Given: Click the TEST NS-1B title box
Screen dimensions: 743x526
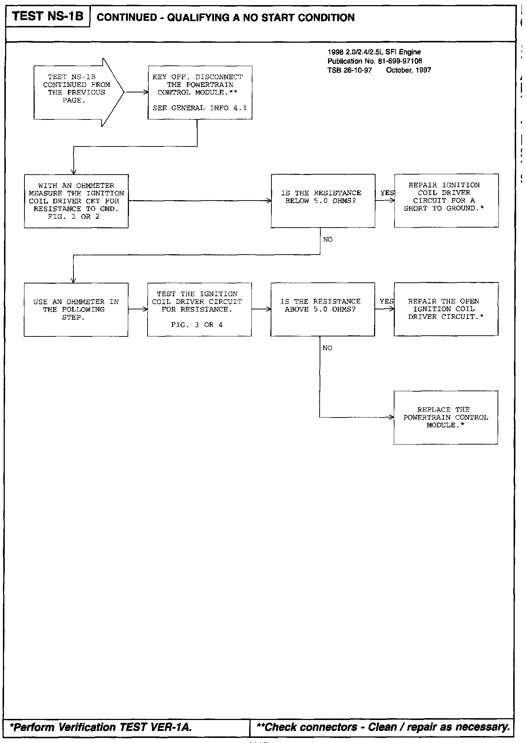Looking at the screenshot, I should [x=47, y=16].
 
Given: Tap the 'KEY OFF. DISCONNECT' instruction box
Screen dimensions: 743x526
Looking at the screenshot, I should [x=200, y=92].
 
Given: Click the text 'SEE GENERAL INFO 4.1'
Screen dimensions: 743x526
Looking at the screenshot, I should [x=200, y=108].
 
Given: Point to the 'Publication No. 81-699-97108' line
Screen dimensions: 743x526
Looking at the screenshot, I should [x=375, y=61].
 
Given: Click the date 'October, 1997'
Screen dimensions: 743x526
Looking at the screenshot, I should [x=408, y=70].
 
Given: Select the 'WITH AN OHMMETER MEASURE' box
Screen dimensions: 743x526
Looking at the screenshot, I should [x=76, y=201].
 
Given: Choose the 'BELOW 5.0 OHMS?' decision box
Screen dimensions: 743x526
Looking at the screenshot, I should [x=323, y=201].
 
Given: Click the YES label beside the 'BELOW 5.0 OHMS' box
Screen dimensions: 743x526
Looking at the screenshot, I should [x=387, y=193].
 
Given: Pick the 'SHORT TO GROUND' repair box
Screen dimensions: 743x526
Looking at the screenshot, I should [x=446, y=201].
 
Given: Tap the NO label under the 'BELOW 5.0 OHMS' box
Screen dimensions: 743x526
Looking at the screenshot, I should [x=328, y=240].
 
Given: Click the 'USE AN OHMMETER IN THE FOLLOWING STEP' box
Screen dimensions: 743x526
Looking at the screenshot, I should [x=76, y=309].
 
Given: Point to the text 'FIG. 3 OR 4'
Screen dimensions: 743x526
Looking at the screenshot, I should [x=197, y=325].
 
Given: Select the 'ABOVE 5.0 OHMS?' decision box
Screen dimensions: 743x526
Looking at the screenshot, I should [x=323, y=309].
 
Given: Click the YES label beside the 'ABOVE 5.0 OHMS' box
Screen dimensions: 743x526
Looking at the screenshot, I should [x=386, y=301].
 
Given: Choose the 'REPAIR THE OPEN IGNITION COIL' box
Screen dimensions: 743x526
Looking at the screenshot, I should [x=446, y=309].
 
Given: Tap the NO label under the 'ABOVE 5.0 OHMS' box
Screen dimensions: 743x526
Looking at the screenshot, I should [x=327, y=348].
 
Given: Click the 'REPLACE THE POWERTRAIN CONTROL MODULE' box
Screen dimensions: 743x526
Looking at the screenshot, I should [x=446, y=418].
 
